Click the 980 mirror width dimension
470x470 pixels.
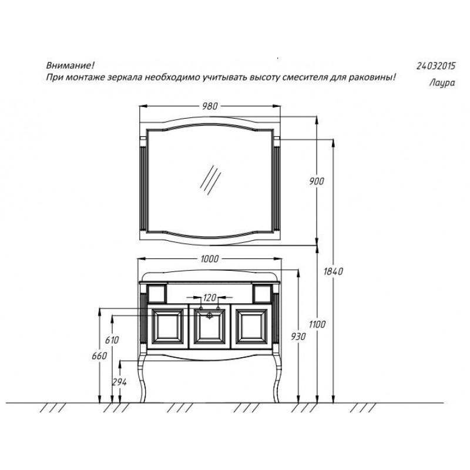(x=210, y=106)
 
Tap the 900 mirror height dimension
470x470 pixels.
(x=317, y=182)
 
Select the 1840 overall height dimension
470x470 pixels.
(x=333, y=271)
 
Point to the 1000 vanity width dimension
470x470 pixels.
(x=210, y=259)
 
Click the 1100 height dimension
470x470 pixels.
(x=317, y=324)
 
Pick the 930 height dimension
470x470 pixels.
(x=298, y=337)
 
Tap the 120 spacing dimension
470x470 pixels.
(x=210, y=298)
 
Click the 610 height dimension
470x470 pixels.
(x=112, y=340)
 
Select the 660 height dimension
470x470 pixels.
(x=99, y=356)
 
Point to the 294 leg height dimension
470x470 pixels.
(x=120, y=382)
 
